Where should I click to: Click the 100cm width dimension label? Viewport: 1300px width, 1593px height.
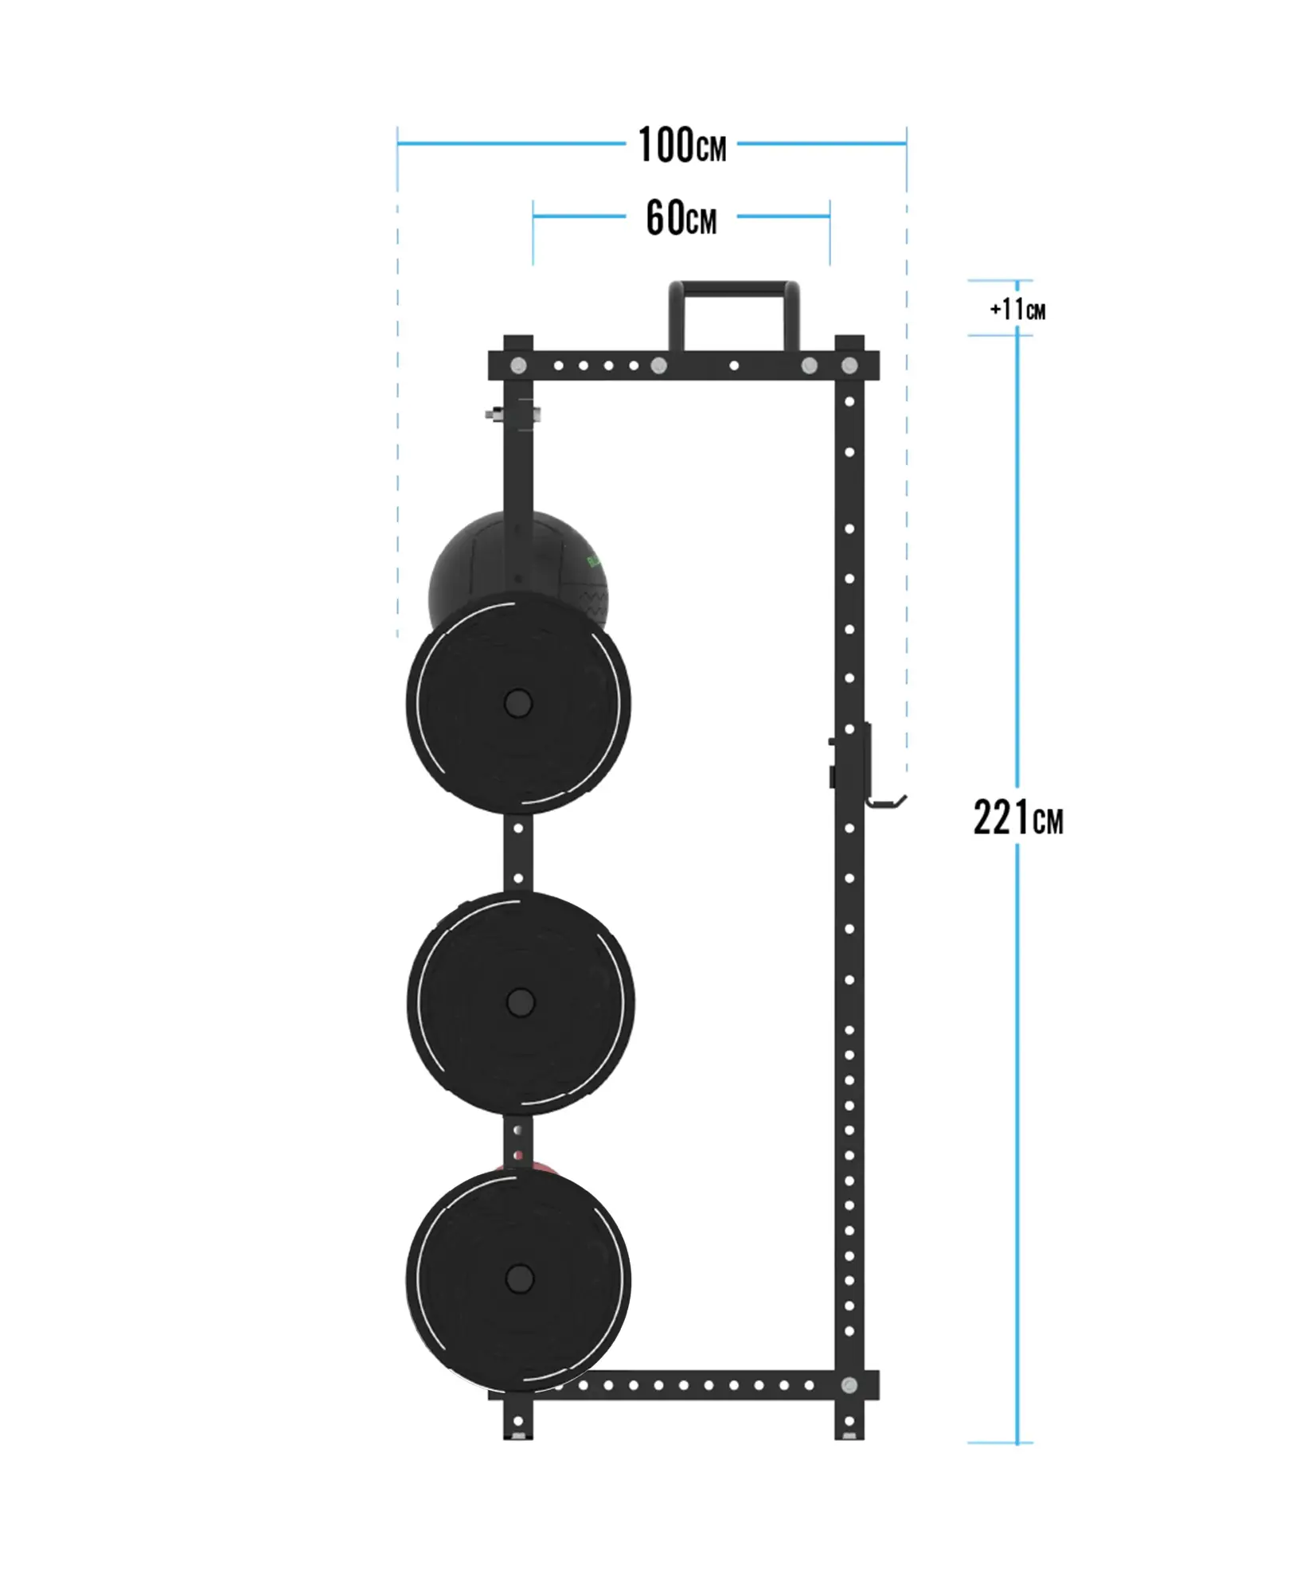pos(682,146)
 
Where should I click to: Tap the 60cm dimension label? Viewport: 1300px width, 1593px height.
pos(681,218)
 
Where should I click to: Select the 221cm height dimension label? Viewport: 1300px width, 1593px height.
pos(1018,818)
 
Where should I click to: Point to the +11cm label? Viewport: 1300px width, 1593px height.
pos(1017,309)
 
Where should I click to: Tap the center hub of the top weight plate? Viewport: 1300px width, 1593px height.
pos(518,703)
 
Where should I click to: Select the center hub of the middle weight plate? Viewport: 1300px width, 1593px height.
pos(520,1002)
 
